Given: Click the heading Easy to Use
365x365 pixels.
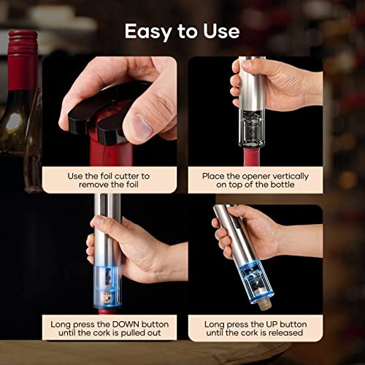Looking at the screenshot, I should (x=182, y=31).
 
